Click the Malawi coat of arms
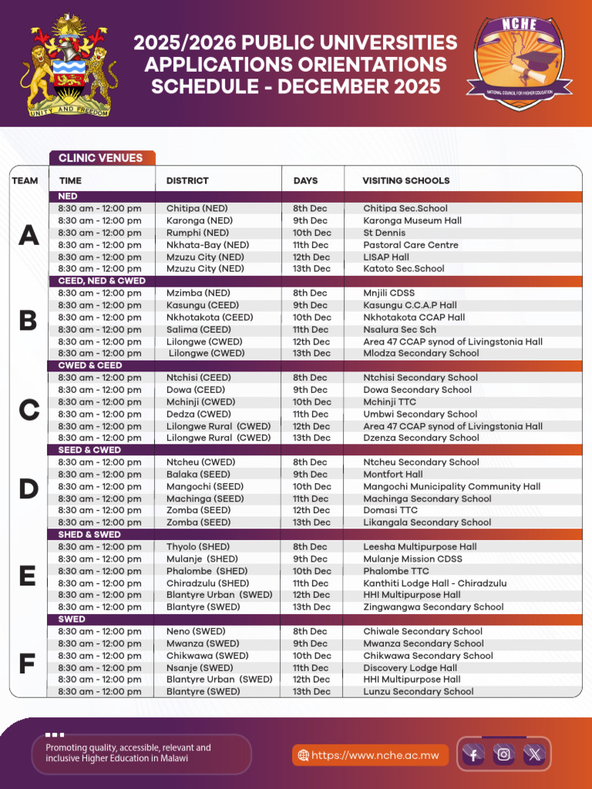coord(69,68)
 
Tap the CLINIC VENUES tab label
coord(101,158)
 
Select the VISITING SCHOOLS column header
coord(405,180)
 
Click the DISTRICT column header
coord(187,180)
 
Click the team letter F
coord(27,663)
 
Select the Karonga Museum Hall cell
coord(412,220)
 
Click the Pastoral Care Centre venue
coord(410,245)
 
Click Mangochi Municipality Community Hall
coord(452,487)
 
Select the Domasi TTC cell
coord(390,511)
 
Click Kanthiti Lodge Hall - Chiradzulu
coord(435,583)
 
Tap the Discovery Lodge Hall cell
coord(410,668)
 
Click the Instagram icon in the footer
coord(503,754)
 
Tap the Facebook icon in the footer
coord(473,754)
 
